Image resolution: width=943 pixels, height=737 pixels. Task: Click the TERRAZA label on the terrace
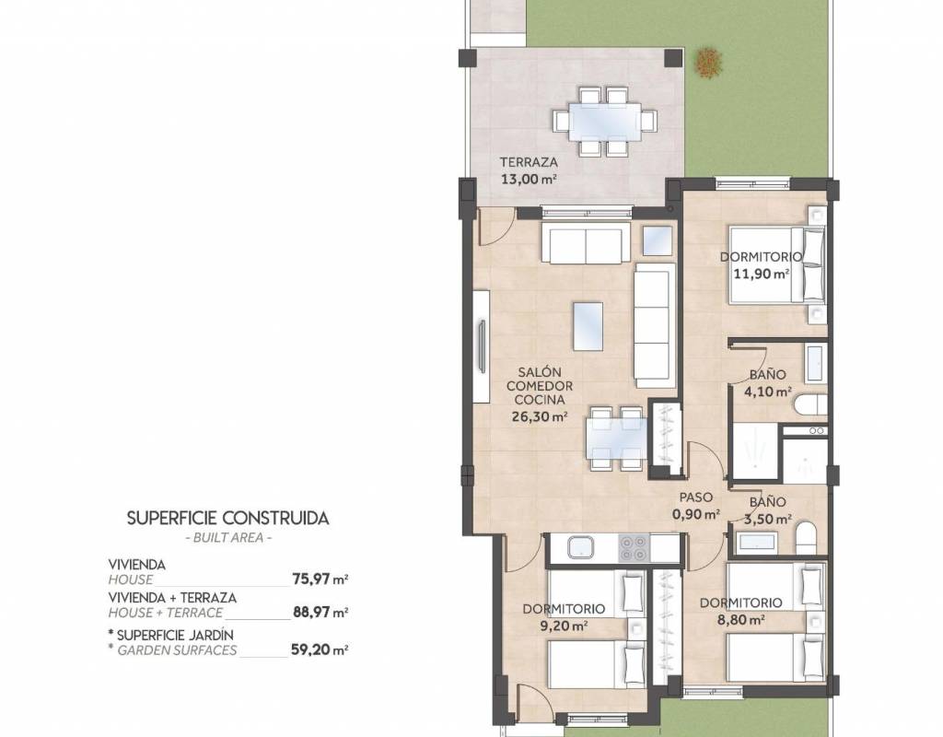(x=529, y=162)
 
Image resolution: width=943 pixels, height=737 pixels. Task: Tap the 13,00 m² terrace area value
(x=528, y=179)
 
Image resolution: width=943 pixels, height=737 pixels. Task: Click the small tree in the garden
(x=710, y=62)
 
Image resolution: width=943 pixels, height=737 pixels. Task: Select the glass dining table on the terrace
(x=606, y=122)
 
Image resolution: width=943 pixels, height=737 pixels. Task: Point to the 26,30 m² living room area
(x=540, y=415)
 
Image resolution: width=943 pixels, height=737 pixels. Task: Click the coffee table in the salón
(x=588, y=326)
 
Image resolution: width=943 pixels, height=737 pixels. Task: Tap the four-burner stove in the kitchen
(x=634, y=547)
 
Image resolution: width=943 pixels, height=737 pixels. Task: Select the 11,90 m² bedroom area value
(x=762, y=274)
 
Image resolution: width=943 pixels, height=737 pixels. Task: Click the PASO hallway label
(x=696, y=497)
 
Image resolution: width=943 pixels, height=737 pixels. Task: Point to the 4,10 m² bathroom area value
(x=767, y=392)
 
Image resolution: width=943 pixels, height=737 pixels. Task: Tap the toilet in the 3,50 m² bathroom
(x=806, y=537)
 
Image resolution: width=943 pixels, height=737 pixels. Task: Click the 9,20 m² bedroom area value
(x=565, y=626)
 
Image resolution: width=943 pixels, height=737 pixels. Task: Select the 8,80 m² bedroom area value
(x=741, y=620)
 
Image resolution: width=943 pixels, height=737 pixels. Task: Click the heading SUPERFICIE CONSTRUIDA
(x=228, y=518)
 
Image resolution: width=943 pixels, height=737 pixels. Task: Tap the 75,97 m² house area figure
(x=320, y=579)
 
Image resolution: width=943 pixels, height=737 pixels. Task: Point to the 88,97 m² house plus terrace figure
(x=320, y=613)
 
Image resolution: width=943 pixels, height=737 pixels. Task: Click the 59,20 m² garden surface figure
(x=320, y=649)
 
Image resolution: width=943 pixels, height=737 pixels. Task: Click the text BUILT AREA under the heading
(x=228, y=537)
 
